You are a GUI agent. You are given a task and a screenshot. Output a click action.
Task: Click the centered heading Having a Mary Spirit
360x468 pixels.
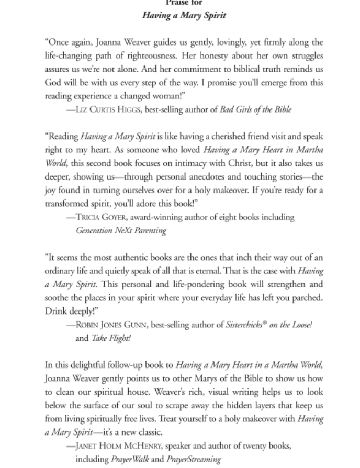(x=184, y=15)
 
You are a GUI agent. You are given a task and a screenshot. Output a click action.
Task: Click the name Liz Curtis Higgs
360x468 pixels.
(x=107, y=109)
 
